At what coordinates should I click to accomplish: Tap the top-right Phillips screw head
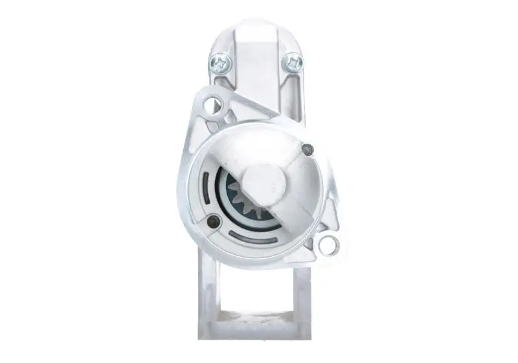294,62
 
